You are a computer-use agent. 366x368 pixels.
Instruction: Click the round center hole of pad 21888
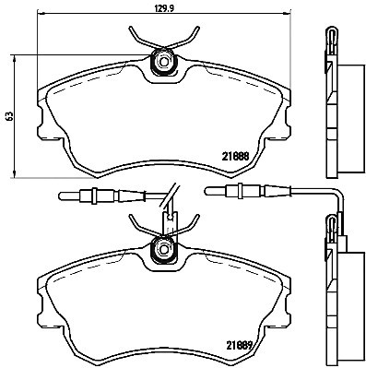tap(164, 63)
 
